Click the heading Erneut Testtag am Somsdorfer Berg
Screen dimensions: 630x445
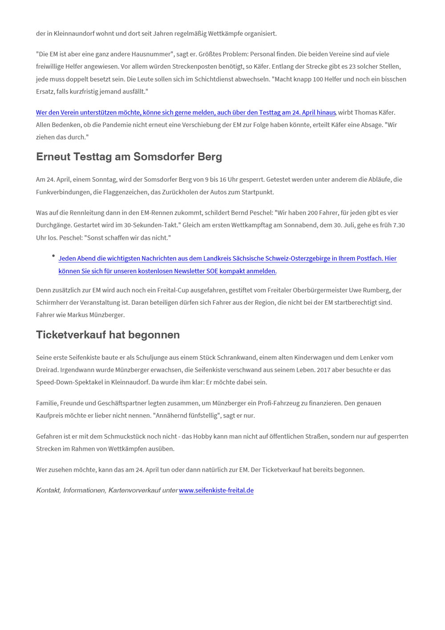(x=129, y=157)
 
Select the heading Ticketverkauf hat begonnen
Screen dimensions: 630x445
(x=108, y=335)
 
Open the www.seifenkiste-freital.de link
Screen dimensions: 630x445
(x=216, y=491)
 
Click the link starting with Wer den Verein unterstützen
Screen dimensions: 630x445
(x=186, y=113)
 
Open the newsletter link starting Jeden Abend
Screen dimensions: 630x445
(x=227, y=259)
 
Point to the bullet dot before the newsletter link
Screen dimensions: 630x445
(x=53, y=256)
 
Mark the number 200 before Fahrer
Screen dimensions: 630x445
(x=313, y=213)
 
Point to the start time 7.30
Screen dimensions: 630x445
(x=399, y=225)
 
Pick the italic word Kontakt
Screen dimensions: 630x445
(x=48, y=491)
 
